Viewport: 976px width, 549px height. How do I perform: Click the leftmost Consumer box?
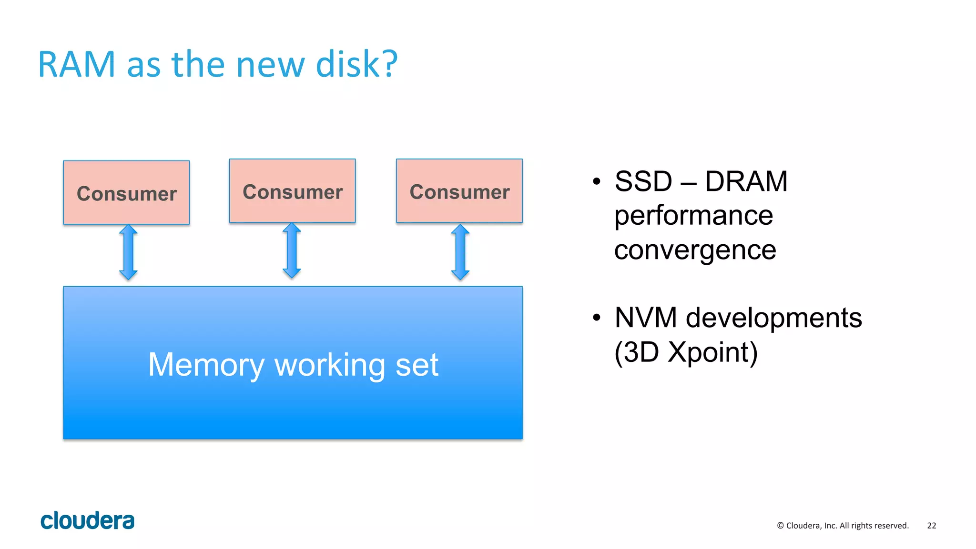pyautogui.click(x=126, y=192)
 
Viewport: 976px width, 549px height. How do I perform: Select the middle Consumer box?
pyautogui.click(x=292, y=190)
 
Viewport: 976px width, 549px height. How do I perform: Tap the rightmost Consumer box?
pyautogui.click(x=459, y=190)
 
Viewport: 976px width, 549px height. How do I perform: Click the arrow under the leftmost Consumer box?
pyautogui.click(x=128, y=252)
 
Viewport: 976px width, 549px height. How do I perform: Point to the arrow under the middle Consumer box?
pyautogui.click(x=292, y=250)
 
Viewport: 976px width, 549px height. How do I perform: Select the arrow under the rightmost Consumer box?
pyautogui.click(x=460, y=252)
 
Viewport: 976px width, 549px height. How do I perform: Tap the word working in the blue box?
pyautogui.click(x=330, y=365)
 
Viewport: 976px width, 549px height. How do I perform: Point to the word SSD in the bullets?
pyautogui.click(x=643, y=181)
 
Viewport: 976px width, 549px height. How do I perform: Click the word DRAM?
pyautogui.click(x=746, y=181)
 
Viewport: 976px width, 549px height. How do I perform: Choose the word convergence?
pyautogui.click(x=695, y=250)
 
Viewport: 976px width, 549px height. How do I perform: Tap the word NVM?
pyautogui.click(x=646, y=318)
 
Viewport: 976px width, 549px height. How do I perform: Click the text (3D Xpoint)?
pyautogui.click(x=686, y=352)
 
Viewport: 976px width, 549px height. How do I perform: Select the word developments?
pyautogui.click(x=773, y=318)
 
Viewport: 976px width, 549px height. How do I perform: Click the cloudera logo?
pyautogui.click(x=87, y=520)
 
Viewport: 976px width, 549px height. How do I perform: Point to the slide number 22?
pyautogui.click(x=931, y=526)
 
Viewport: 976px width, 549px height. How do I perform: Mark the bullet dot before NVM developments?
pyautogui.click(x=597, y=318)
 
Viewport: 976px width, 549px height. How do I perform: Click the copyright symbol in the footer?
pyautogui.click(x=780, y=526)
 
